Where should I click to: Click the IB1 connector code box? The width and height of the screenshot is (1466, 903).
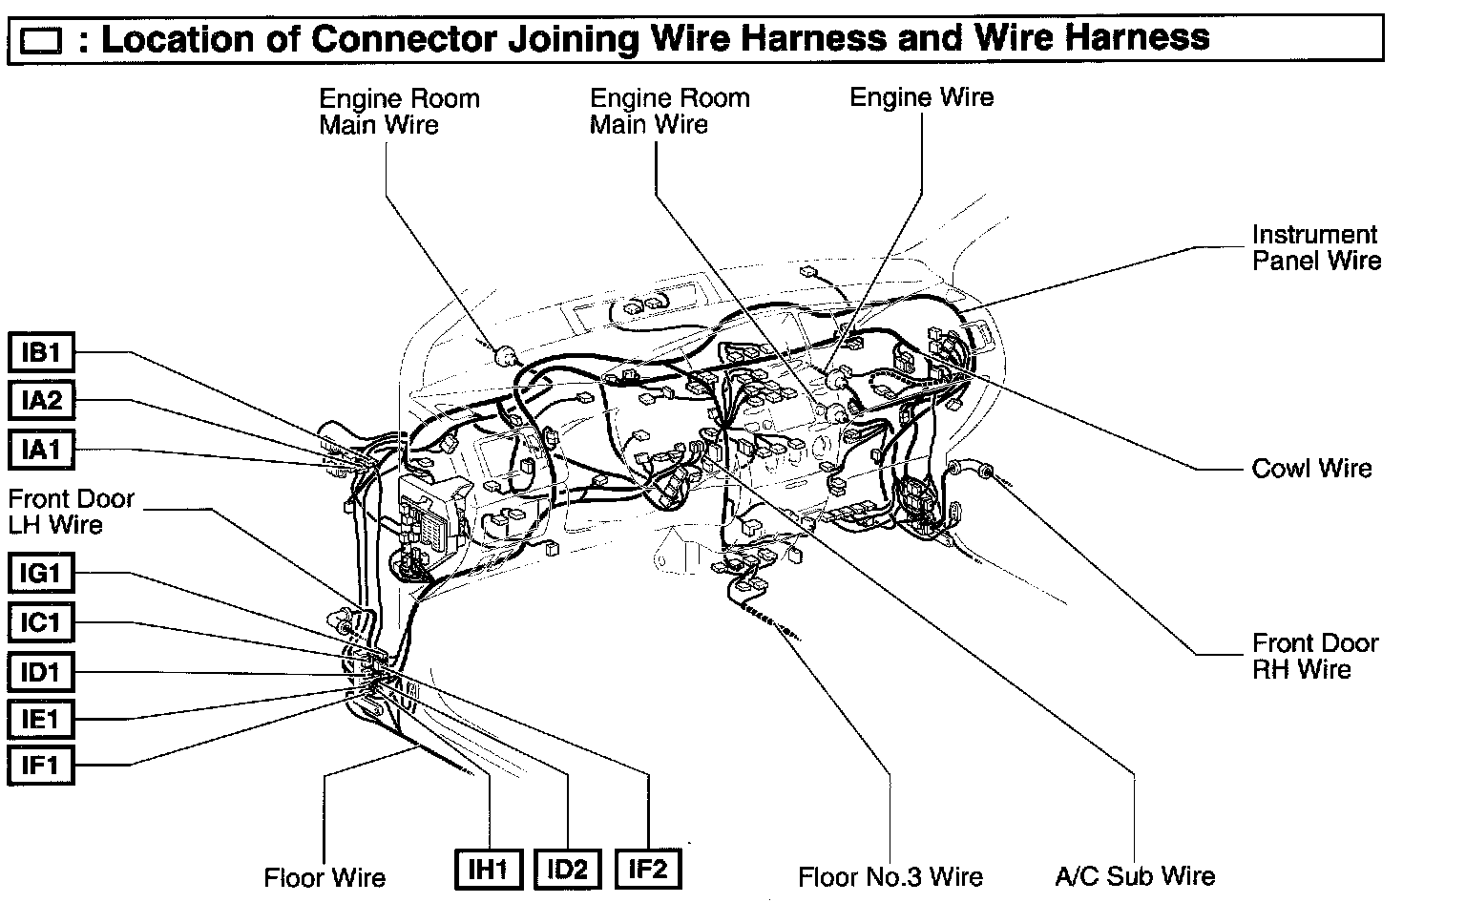(x=41, y=354)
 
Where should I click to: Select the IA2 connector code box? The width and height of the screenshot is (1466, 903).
(x=41, y=401)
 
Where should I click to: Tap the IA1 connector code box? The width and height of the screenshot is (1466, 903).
(x=41, y=449)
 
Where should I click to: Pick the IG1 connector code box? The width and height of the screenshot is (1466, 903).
(x=41, y=575)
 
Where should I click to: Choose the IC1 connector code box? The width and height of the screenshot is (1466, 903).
(x=41, y=623)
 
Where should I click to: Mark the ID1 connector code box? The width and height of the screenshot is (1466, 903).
(x=41, y=672)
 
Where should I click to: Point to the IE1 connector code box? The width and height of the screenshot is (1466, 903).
(x=41, y=718)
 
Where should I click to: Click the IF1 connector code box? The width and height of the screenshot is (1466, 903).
(x=41, y=765)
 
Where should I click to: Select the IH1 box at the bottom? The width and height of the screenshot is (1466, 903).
(x=487, y=869)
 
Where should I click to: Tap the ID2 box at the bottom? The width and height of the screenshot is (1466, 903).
(x=568, y=869)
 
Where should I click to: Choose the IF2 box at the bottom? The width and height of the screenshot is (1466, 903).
(x=649, y=869)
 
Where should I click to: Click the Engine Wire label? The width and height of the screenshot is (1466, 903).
(x=921, y=97)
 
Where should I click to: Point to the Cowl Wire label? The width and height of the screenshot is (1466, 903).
(x=1311, y=468)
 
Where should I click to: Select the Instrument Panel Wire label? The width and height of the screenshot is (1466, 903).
(x=1316, y=247)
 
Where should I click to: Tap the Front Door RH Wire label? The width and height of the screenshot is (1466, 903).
(x=1315, y=656)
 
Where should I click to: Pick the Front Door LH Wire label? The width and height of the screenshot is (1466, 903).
(x=71, y=512)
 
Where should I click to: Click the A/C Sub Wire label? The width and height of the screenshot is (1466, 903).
(x=1135, y=876)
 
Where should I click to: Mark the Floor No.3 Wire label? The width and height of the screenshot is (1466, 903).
(x=890, y=876)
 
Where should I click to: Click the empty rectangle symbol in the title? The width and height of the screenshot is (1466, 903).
(x=41, y=41)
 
